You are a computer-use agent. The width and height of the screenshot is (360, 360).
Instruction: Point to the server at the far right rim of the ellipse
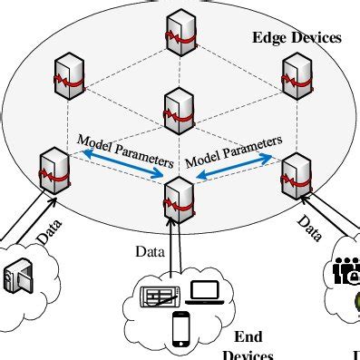pyautogui.click(x=296, y=172)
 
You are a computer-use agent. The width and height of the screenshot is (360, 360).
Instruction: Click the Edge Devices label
pyautogui.click(x=297, y=38)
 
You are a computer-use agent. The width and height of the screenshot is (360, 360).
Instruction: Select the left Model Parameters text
pyautogui.click(x=124, y=150)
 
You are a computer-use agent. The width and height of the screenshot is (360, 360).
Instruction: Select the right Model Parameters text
pyautogui.click(x=235, y=151)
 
